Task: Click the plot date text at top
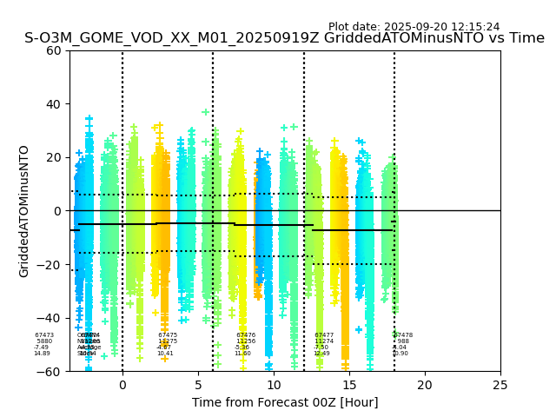[x=414, y=27]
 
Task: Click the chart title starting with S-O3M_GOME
[x=284, y=38]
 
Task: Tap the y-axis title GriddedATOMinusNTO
[x=24, y=211]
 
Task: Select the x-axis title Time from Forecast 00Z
[x=285, y=402]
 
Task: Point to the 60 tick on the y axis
[x=54, y=50]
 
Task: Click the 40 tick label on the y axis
[x=54, y=104]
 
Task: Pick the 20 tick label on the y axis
[x=54, y=157]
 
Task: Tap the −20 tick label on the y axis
[x=51, y=265]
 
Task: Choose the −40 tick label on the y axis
[x=51, y=318]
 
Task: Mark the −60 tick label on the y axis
[x=51, y=372]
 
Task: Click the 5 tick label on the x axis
[x=198, y=385]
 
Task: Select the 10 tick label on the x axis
[x=274, y=385]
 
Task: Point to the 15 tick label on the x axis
[x=349, y=385]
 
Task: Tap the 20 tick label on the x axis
[x=425, y=385]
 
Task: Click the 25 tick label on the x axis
[x=500, y=385]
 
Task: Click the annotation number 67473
[x=44, y=335]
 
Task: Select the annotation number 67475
[x=168, y=335]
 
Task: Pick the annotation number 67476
[x=246, y=335]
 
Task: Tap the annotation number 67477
[x=324, y=335]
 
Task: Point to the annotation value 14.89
[x=42, y=354]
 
